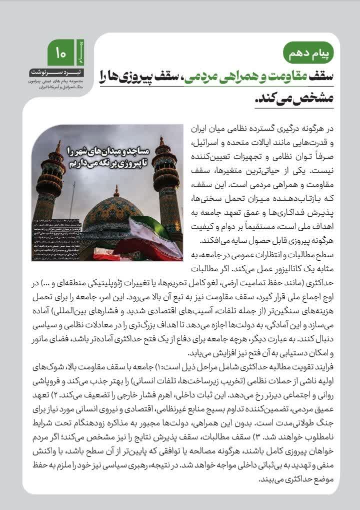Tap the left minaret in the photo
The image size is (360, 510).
[51, 185]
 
